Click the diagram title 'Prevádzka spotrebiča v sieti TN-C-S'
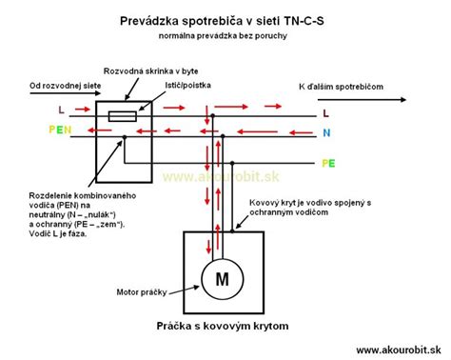coord(225,18)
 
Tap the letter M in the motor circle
coord(224,279)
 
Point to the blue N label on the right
coord(325,133)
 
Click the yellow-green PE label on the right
coord(329,163)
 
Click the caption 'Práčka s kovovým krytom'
coord(223,326)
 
